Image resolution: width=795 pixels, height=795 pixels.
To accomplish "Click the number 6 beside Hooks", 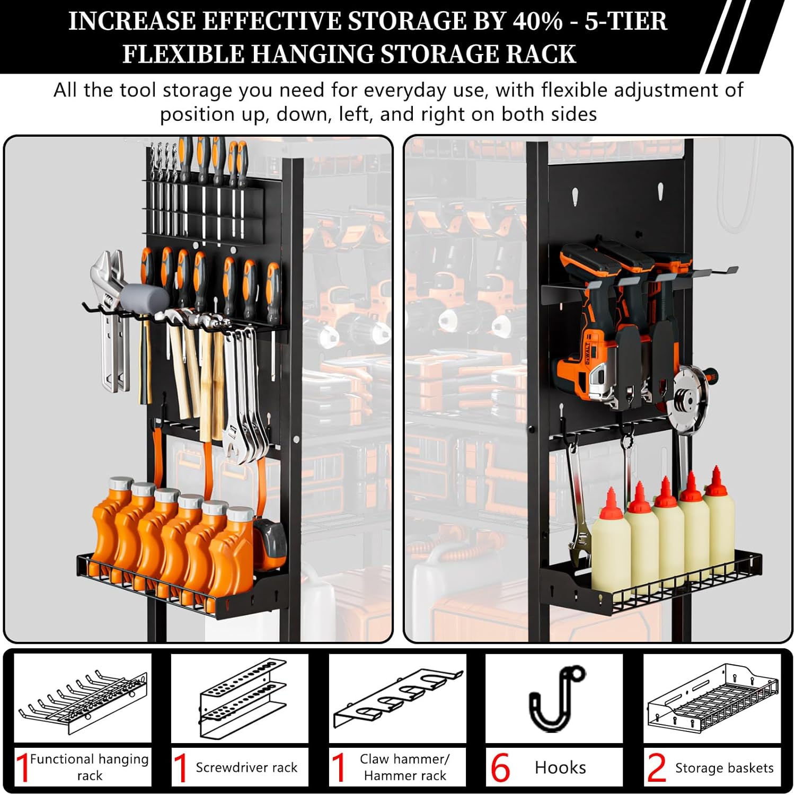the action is coord(500,767).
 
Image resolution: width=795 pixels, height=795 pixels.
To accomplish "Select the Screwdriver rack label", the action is coord(246,767).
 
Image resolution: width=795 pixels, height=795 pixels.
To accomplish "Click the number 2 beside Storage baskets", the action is coord(657,767).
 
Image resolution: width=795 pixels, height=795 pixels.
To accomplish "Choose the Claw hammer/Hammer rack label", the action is coord(405,767).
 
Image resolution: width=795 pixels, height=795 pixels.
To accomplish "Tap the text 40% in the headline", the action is coord(537,21).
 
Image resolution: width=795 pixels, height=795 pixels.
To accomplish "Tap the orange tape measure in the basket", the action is coord(270,539).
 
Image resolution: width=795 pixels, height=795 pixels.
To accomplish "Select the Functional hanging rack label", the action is coord(89,767).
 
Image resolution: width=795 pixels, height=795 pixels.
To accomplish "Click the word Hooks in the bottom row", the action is coord(560,767).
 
